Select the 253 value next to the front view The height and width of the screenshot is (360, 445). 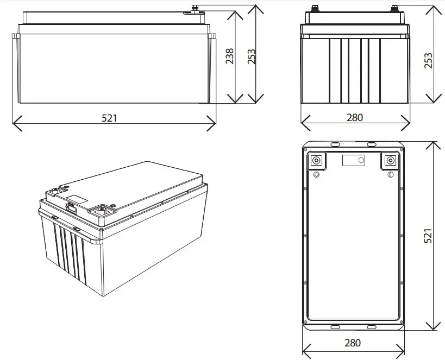428,61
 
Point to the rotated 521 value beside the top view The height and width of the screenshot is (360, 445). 428,235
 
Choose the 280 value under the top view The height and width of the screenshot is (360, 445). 352,343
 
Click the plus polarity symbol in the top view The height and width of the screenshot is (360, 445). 316,174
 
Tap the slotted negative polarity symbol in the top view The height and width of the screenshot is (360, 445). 389,174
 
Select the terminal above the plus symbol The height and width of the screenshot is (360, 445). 316,161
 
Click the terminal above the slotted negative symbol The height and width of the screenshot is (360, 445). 390,161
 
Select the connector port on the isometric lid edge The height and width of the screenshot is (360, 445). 70,206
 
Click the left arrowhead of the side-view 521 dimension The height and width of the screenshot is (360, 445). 14,123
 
